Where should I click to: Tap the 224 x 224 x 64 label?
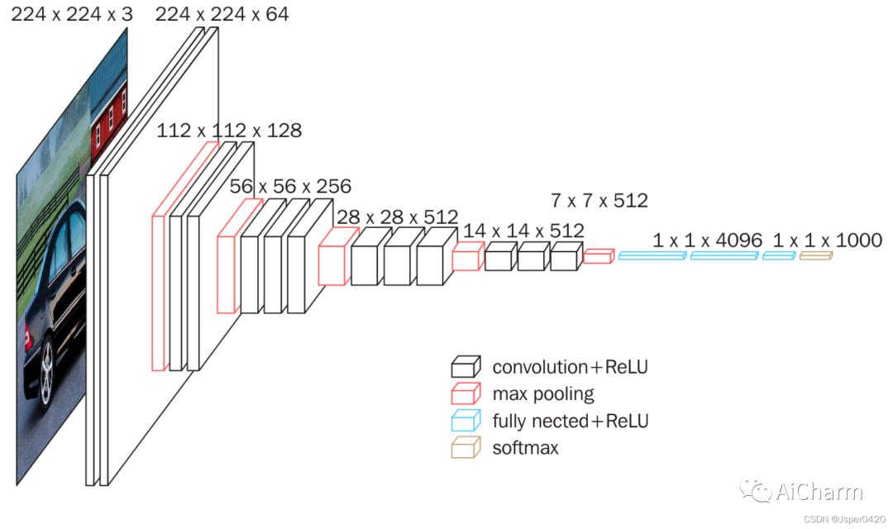pos(222,14)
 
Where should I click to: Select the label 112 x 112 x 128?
pos(229,131)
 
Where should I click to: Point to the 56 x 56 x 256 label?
pos(290,186)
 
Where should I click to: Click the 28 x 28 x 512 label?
pos(397,217)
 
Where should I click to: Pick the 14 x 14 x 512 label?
pos(523,231)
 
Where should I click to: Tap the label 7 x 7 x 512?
pos(599,200)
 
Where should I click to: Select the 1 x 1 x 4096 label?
pos(707,241)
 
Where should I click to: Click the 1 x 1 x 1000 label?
pos(827,241)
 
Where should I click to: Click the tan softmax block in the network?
pos(815,256)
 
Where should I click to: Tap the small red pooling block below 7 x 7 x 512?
pos(598,256)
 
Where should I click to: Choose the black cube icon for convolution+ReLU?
pos(466,367)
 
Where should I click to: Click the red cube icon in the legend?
pos(466,393)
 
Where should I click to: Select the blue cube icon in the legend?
pos(466,421)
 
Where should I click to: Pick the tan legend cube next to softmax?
pos(466,448)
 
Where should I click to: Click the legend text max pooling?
pos(543,393)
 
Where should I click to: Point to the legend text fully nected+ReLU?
pos(571,421)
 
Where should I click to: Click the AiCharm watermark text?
pos(819,492)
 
